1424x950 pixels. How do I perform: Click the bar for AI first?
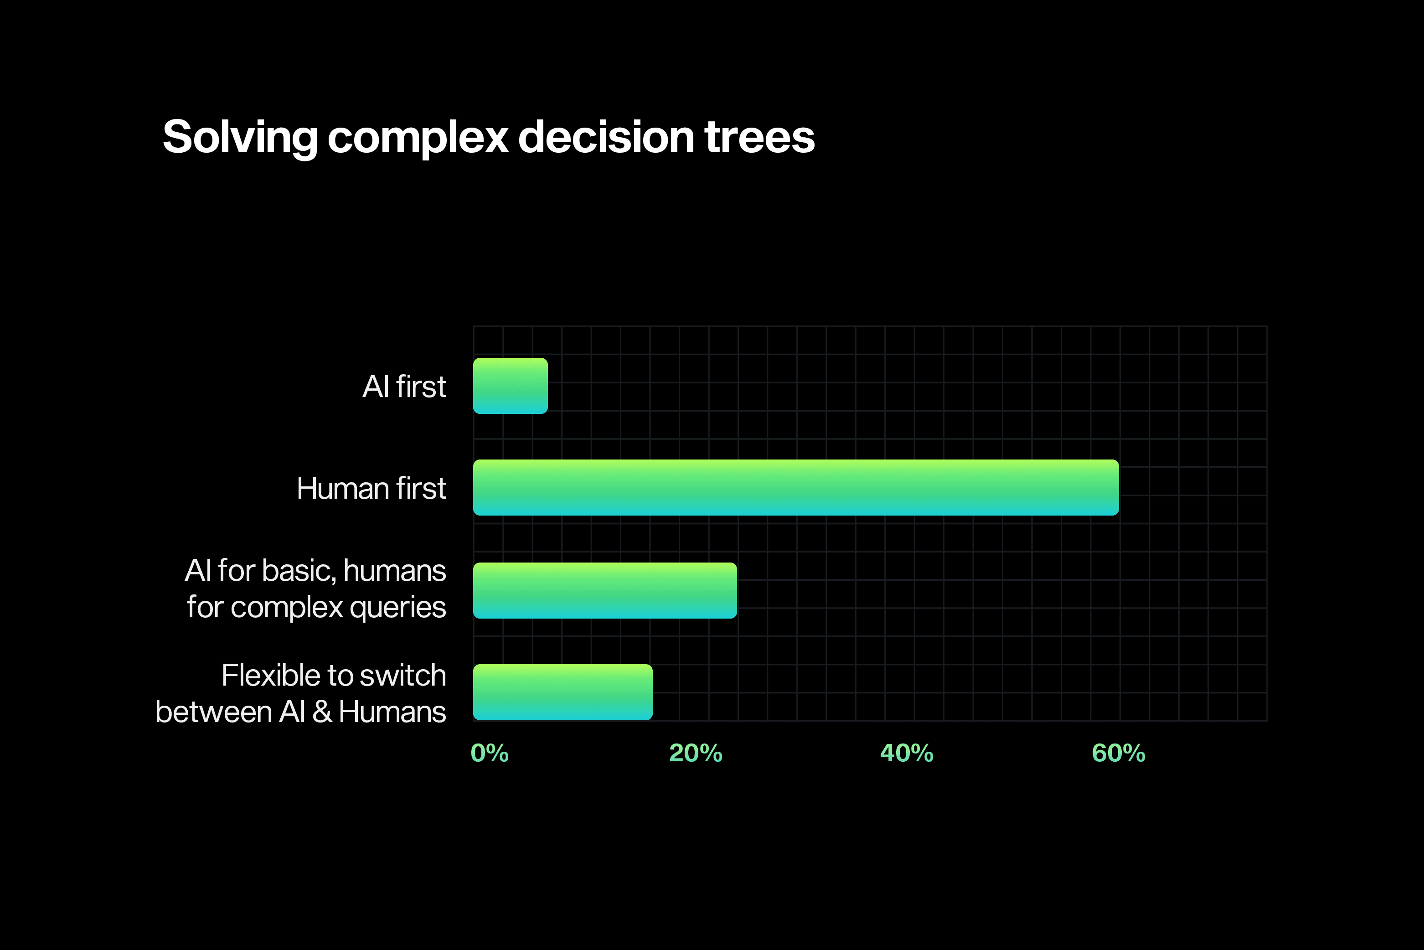click(510, 386)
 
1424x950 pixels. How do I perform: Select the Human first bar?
click(795, 488)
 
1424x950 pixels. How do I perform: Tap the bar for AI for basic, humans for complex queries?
click(604, 590)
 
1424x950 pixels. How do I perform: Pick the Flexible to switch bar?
click(562, 692)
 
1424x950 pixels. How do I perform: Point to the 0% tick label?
click(490, 753)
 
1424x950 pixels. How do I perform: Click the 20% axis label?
click(695, 753)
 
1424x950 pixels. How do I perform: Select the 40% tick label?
click(906, 753)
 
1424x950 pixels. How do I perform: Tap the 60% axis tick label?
click(1118, 753)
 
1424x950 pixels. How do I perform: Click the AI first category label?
click(404, 387)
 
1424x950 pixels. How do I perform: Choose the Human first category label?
click(371, 488)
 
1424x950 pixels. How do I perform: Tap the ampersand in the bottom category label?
click(322, 712)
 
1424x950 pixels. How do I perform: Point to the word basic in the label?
click(299, 571)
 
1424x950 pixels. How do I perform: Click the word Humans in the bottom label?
click(392, 712)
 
